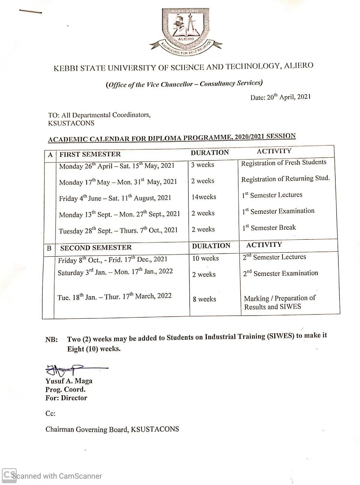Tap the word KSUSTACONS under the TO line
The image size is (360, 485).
pos(71,123)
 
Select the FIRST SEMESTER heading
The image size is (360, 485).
pos(90,154)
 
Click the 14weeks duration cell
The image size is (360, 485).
pos(204,197)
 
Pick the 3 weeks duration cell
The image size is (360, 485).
pos(202,165)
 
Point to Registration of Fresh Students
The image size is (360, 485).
pos(283,163)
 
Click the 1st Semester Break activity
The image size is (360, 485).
pos(269,228)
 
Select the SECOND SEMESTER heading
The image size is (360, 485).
pos(96,248)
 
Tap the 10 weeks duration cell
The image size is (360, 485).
pos(205,258)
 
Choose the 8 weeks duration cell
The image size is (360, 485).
pos(204,299)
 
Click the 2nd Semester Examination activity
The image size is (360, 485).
pos(280,273)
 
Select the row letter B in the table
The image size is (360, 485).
pos(49,248)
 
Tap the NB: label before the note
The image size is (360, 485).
pos(52,340)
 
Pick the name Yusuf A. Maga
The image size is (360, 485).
pos(69,381)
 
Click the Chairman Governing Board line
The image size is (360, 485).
pos(112,429)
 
